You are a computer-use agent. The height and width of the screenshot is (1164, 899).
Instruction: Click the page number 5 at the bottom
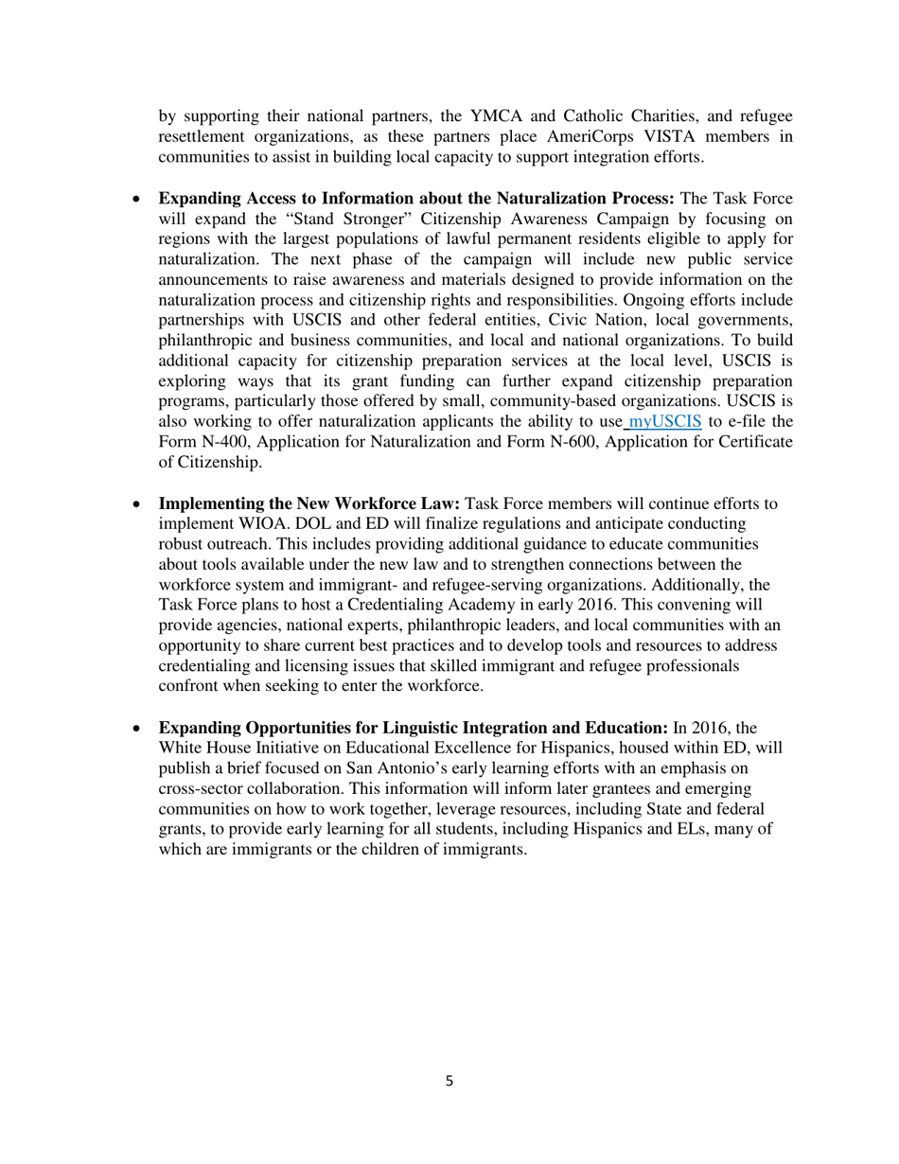[449, 1081]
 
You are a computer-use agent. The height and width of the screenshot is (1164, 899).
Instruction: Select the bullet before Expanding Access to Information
[137, 199]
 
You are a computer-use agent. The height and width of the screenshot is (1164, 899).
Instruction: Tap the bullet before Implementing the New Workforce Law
[137, 503]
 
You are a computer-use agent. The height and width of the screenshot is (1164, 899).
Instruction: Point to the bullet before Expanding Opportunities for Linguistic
[137, 728]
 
